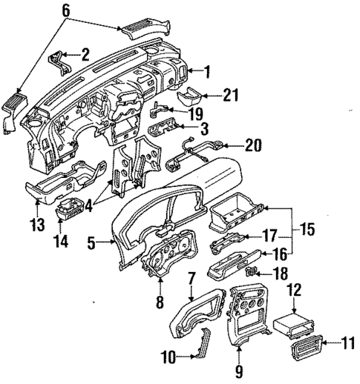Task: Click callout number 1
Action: click(208, 71)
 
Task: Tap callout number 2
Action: click(85, 53)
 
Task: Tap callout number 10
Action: click(168, 357)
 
